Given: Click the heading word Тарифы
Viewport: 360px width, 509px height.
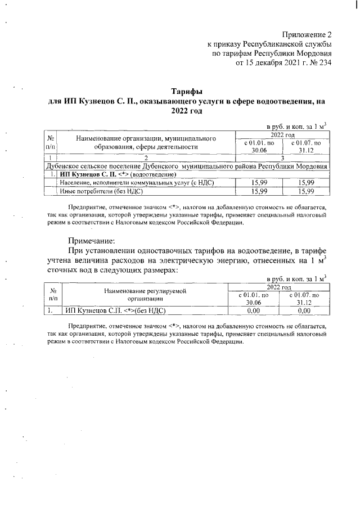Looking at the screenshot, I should click(186, 91).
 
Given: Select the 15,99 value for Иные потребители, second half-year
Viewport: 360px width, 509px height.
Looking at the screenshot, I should click(306, 191).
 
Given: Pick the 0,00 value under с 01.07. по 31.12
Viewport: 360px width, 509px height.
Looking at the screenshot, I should click(304, 309).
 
